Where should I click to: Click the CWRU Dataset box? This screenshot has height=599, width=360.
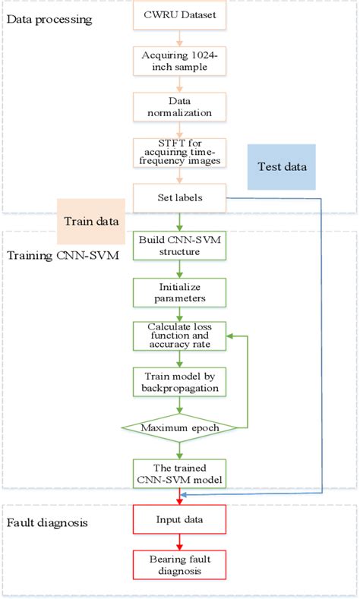click(179, 14)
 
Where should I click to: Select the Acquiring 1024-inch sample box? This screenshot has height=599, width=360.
click(179, 60)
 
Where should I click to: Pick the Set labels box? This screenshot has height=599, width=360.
click(179, 199)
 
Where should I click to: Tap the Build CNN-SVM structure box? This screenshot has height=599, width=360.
click(179, 246)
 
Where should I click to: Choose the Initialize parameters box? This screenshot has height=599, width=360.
click(179, 292)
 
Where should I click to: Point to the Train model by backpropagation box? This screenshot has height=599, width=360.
click(179, 381)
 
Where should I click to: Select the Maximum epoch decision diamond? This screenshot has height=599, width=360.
click(179, 427)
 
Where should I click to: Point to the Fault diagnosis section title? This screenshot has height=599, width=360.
click(47, 523)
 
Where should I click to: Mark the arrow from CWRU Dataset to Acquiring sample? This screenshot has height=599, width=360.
click(179, 37)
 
